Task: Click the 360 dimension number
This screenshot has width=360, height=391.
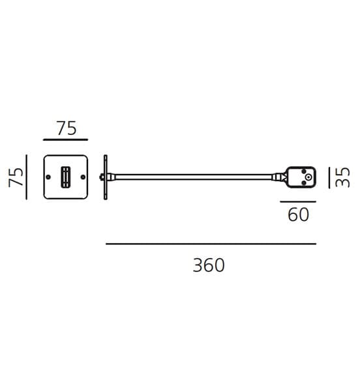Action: coord(209,265)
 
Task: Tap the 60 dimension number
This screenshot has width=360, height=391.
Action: coord(299,214)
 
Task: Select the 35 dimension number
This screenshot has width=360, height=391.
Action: coord(342,177)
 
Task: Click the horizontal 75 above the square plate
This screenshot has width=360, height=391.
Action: coord(67,128)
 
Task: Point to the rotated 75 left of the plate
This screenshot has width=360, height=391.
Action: coord(16,177)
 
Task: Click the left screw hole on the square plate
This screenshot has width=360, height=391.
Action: coord(48,177)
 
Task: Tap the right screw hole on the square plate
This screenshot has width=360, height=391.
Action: coord(83,177)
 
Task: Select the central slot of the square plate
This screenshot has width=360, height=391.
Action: coord(65,177)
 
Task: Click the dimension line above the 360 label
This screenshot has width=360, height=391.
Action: coord(211,244)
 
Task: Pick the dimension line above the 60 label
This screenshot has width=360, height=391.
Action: coord(298,201)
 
